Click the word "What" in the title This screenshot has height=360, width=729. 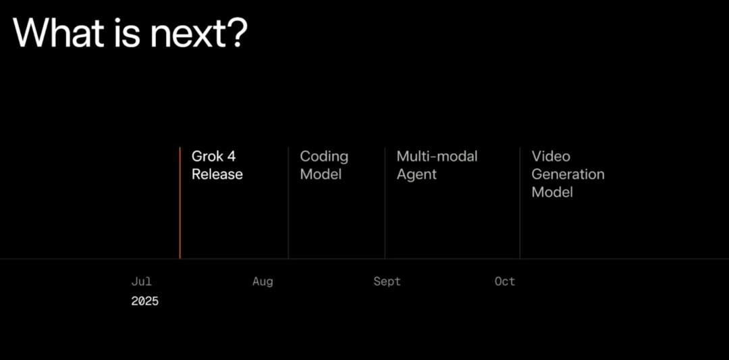[x=57, y=32]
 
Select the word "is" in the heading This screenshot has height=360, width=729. [x=126, y=32]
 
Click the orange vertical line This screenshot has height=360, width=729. [x=180, y=203]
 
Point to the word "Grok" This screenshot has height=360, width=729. [x=207, y=156]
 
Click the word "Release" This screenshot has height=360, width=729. [x=217, y=174]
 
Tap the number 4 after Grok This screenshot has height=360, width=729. [x=231, y=156]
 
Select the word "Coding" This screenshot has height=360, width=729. [x=324, y=157]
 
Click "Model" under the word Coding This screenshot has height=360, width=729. [x=321, y=174]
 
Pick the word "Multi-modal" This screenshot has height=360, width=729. [x=437, y=156]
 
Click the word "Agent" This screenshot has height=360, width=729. [x=416, y=175]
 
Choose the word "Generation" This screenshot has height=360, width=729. [x=568, y=174]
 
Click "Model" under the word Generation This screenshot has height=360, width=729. [x=552, y=192]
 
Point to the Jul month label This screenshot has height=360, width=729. [x=141, y=282]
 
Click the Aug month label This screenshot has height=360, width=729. [x=263, y=282]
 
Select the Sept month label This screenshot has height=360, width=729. [x=387, y=282]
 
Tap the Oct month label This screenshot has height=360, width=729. [x=505, y=282]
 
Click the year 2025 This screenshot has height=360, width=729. [x=144, y=301]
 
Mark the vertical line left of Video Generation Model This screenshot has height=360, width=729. [x=520, y=203]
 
